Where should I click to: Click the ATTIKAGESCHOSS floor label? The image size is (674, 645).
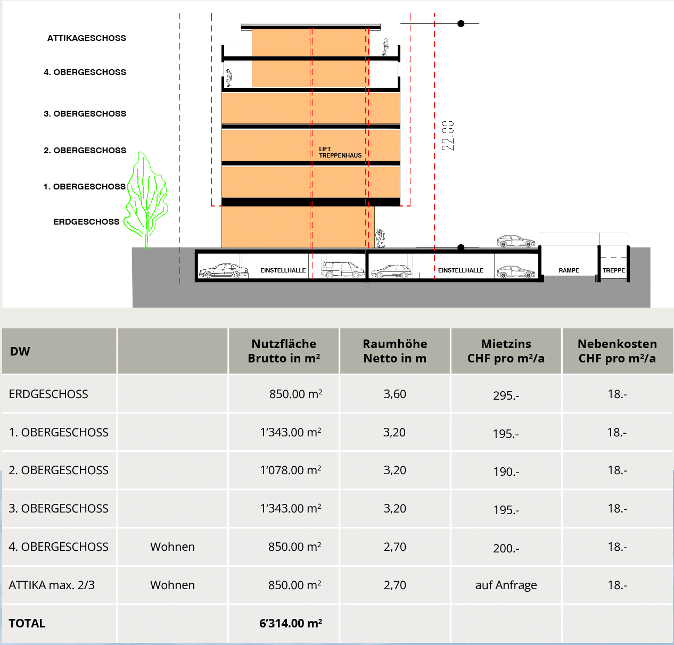point(86,38)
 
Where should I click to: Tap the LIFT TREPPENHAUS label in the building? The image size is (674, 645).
point(340,153)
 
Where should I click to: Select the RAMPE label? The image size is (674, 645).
point(569,270)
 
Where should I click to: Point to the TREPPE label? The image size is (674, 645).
point(613,270)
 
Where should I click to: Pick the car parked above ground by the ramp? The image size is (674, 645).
point(515,242)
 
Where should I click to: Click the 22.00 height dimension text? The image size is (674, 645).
point(448,136)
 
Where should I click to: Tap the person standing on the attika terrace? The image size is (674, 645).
point(385,47)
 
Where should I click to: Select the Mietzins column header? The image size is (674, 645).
point(506,351)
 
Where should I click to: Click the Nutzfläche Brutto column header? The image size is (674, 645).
point(284,351)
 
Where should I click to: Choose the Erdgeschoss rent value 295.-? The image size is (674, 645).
point(506,395)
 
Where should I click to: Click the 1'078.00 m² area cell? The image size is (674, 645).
point(291,470)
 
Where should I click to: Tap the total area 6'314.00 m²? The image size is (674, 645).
point(291,623)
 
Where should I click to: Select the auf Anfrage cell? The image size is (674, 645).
point(506,585)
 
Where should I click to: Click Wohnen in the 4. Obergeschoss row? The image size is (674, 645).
point(172,547)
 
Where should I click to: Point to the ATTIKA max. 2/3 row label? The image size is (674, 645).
point(52,585)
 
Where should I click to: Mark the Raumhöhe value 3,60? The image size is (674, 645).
point(394,394)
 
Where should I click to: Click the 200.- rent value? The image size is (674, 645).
point(506,548)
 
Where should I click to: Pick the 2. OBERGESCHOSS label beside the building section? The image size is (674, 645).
point(85,151)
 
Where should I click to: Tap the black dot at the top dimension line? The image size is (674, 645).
point(461,23)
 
